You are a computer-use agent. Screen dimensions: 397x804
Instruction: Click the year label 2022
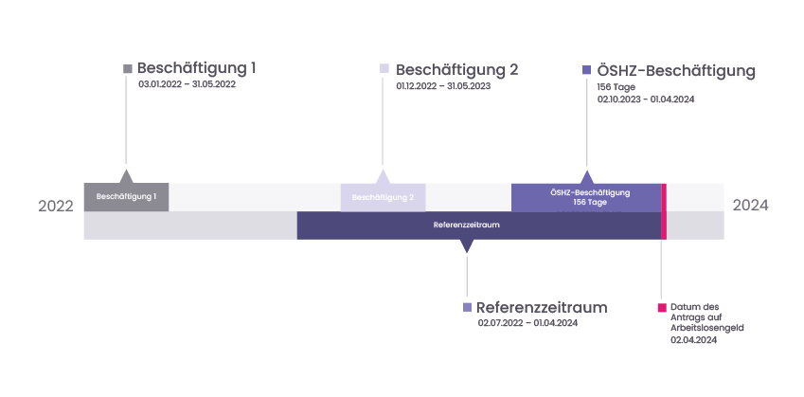(x=56, y=206)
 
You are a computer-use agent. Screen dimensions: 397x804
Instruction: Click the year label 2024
(x=750, y=206)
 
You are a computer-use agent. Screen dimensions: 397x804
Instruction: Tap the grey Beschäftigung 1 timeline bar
(x=126, y=197)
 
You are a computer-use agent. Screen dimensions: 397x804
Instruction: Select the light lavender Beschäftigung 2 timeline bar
(x=383, y=197)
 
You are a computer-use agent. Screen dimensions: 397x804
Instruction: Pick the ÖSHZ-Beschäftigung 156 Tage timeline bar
(x=586, y=197)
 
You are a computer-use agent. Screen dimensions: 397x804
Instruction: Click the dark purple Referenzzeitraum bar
(x=477, y=226)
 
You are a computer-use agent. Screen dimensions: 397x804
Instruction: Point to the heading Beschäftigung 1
(x=196, y=68)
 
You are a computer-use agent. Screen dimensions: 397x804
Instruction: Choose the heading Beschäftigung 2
(x=456, y=70)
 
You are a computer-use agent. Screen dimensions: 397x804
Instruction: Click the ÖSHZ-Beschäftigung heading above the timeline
(x=675, y=70)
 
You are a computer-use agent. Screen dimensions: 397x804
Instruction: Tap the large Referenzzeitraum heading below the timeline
(x=542, y=307)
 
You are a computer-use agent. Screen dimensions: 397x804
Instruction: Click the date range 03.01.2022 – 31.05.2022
(x=187, y=84)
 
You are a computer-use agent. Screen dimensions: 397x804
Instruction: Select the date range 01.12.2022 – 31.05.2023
(x=443, y=86)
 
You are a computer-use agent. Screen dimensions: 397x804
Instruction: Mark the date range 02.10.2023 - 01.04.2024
(x=646, y=99)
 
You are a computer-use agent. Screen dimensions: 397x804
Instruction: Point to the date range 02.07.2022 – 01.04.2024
(x=527, y=323)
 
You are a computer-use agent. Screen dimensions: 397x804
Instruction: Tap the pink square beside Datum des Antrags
(x=662, y=307)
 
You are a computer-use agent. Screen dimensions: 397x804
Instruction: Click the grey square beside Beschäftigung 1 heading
(x=128, y=68)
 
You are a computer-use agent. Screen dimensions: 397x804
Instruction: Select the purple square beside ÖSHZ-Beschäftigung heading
(x=587, y=70)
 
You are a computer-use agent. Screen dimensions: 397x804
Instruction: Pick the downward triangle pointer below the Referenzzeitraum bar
(x=466, y=245)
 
